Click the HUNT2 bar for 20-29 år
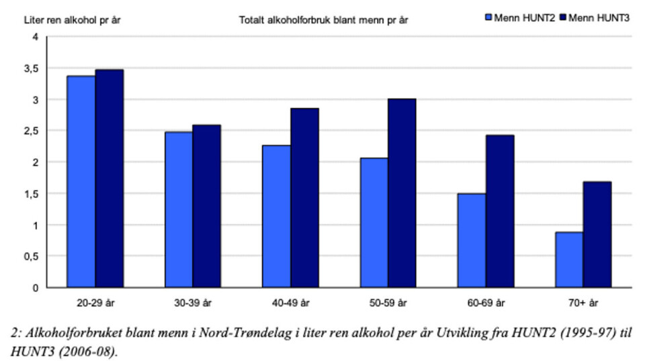tap(81, 181)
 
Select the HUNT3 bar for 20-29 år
tap(109, 178)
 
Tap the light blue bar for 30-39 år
tap(178, 209)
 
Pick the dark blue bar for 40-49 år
tap(304, 197)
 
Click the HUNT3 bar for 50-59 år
tap(402, 193)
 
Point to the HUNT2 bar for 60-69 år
tap(472, 240)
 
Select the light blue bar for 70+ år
tap(569, 260)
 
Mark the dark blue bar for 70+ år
tap(597, 234)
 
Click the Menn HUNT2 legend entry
tap(521, 18)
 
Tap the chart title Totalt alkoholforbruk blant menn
tap(324, 19)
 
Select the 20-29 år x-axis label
tap(95, 303)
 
